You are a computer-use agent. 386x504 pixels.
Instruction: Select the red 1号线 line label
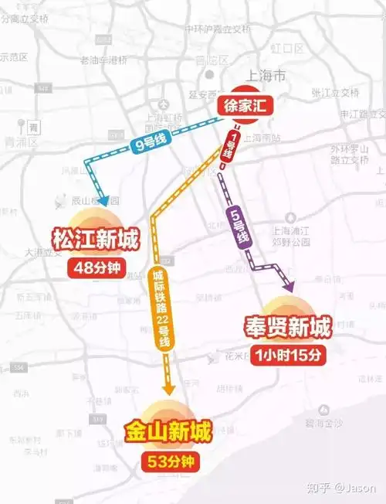[229, 145]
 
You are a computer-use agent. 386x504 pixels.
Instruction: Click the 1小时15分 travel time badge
[286, 356]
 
